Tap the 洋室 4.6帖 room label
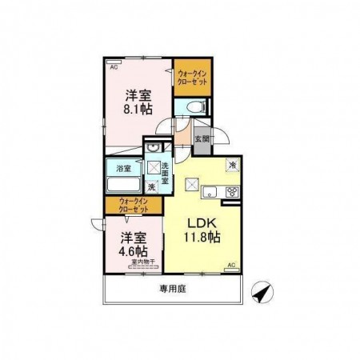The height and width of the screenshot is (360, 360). pyautogui.click(x=134, y=244)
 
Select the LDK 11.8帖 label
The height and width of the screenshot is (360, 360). pyautogui.click(x=204, y=230)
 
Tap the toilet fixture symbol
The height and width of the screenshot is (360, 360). pyautogui.click(x=197, y=107)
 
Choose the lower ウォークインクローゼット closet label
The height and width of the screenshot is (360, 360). pyautogui.click(x=134, y=205)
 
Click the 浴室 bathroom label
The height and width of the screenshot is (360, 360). pyautogui.click(x=123, y=168)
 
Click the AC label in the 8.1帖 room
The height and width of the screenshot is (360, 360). pyautogui.click(x=114, y=67)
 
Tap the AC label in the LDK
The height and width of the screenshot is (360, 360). pyautogui.click(x=230, y=265)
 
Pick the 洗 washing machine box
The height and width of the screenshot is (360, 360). pyautogui.click(x=151, y=187)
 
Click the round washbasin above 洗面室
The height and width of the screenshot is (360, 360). pyautogui.click(x=152, y=149)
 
